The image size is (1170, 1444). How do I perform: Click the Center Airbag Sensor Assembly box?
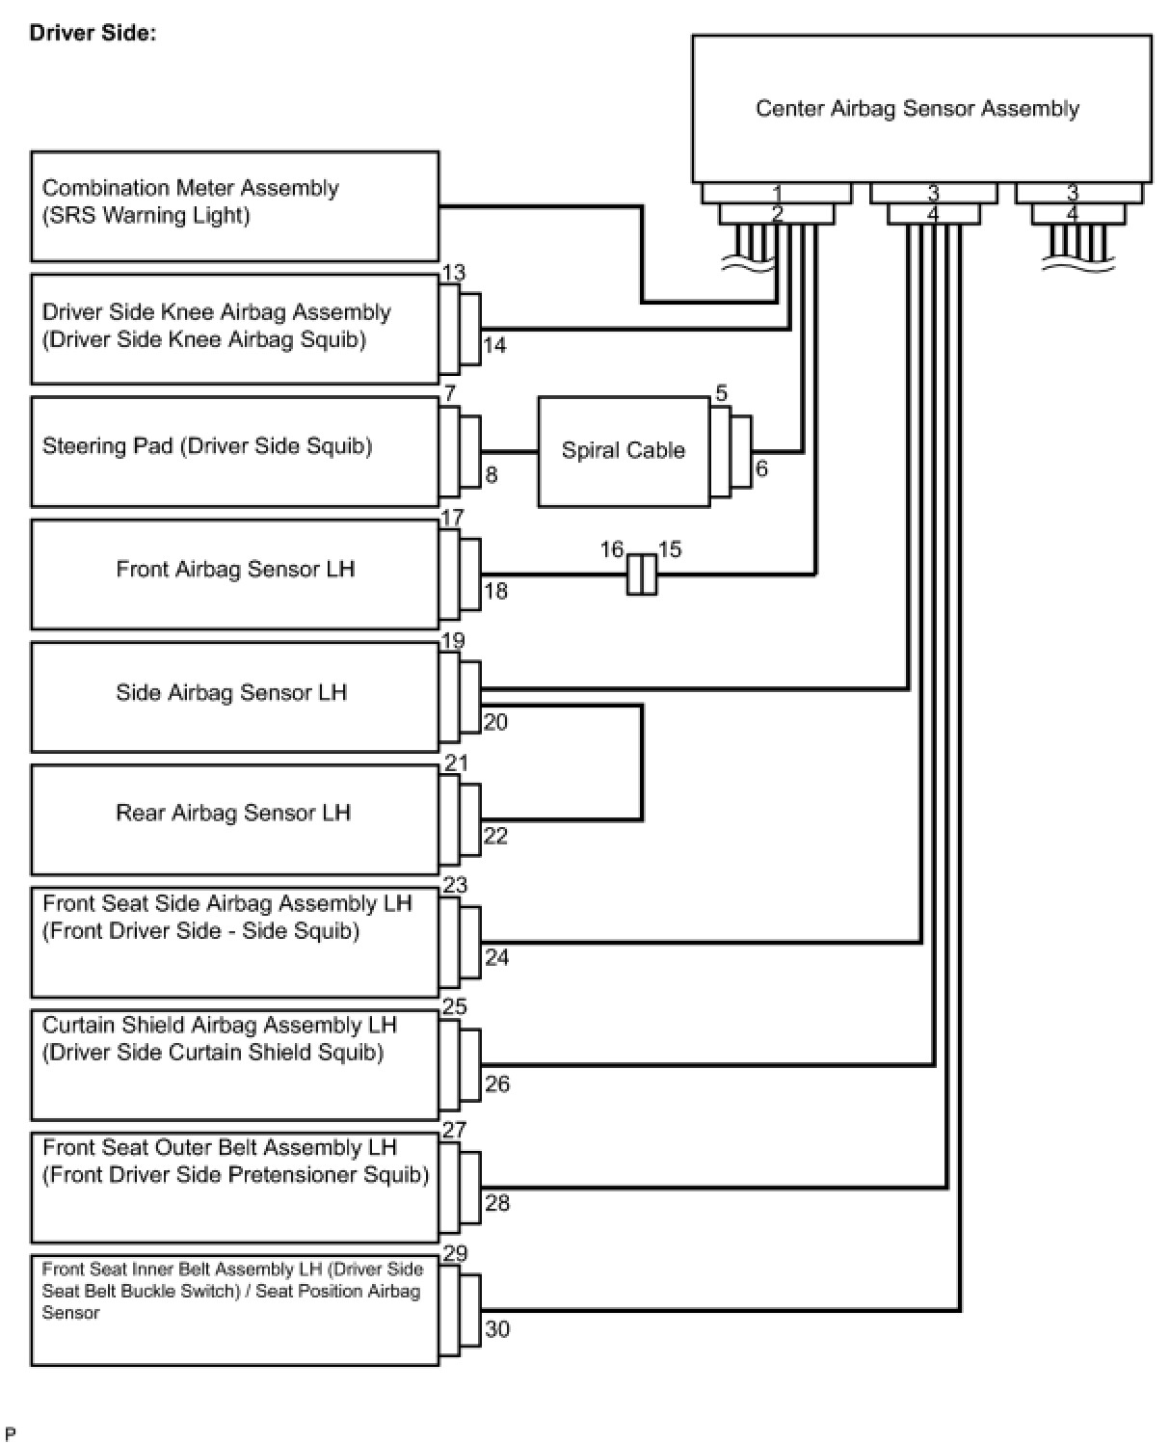pos(920,108)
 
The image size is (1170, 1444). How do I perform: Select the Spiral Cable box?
pos(623,450)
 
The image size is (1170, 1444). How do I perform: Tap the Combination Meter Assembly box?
pos(234,205)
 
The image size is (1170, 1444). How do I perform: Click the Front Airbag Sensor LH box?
pos(234,574)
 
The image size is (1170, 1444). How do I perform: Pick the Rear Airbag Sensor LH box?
pos(234,818)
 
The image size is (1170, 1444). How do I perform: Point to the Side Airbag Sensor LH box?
pos(234,696)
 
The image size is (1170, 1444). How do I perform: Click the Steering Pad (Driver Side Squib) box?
pos(234,450)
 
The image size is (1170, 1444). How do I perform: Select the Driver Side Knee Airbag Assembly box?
pos(234,328)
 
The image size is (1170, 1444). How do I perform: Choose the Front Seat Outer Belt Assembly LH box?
pos(234,1186)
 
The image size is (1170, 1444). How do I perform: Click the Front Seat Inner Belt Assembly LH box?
pos(234,1308)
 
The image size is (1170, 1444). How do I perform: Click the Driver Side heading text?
pos(93,33)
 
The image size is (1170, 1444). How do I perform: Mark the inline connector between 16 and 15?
pos(642,574)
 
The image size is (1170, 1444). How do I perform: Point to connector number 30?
pos(497,1329)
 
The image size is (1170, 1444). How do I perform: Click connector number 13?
pos(454,273)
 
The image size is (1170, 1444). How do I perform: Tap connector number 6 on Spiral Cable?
pos(761,469)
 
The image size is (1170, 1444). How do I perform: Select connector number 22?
pos(495,836)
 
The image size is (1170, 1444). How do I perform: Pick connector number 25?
pos(454,1006)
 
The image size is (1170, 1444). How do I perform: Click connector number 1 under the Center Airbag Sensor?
pos(777,194)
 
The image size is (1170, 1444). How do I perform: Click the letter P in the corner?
pos(11,1433)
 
